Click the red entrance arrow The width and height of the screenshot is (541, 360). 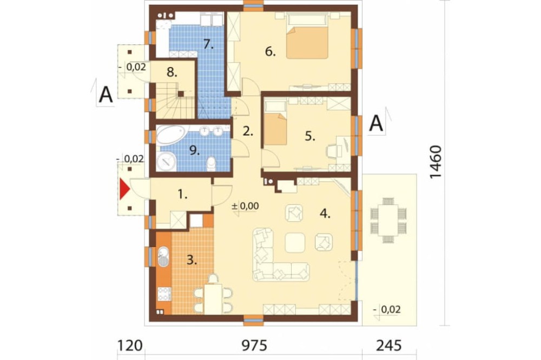tap(124, 189)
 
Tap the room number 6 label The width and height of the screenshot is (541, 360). tap(270, 51)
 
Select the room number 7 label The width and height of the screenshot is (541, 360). tap(208, 44)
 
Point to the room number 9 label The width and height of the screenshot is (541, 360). tap(194, 150)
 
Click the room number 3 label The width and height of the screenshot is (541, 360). tap(192, 260)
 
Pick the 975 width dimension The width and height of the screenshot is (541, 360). tap(254, 345)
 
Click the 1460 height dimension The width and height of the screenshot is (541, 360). tap(436, 162)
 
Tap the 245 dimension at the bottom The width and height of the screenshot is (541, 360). tap(389, 345)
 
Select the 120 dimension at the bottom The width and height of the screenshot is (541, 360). tap(130, 345)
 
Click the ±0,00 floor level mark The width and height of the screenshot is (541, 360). tap(245, 206)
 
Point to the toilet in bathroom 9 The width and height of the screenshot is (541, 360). tap(211, 164)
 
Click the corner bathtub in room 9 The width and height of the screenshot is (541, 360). tap(171, 135)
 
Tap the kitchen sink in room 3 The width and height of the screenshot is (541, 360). tap(163, 256)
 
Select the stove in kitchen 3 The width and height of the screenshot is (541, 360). tap(164, 294)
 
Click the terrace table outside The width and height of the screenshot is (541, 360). tap(388, 220)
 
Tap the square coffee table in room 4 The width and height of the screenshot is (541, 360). tap(295, 242)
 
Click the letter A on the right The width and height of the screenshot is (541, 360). tap(376, 123)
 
